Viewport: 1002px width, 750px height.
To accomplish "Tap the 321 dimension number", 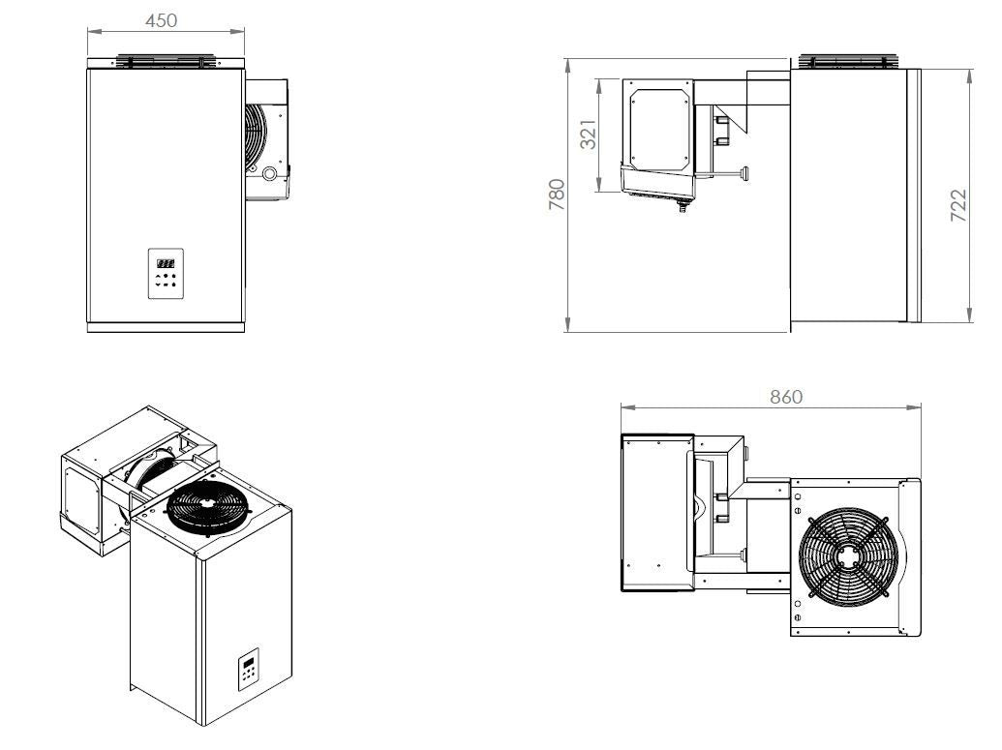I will [x=588, y=135].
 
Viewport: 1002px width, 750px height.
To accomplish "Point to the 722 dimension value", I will [x=957, y=206].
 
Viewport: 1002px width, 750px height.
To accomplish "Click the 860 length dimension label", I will [x=785, y=397].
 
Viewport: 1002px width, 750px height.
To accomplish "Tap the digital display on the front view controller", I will [x=167, y=261].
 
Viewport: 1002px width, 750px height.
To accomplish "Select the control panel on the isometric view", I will [x=250, y=672].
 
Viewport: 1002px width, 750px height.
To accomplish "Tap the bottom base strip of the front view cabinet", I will [x=162, y=328].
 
